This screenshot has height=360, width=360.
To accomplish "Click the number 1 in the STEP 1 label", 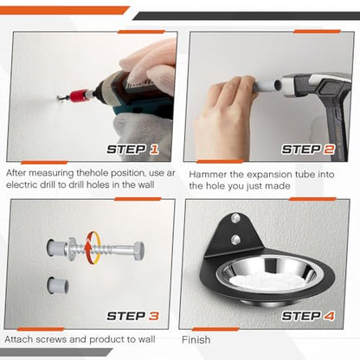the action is click(154, 150).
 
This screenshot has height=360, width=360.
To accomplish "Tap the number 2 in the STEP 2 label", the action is click(329, 150).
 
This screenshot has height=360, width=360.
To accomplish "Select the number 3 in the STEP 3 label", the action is click(154, 316).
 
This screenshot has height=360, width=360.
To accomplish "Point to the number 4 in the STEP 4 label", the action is click(329, 316).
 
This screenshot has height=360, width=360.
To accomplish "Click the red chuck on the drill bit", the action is click(79, 96).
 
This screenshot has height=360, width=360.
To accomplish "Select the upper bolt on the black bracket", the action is click(236, 218).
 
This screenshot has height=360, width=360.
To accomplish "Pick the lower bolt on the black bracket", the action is click(236, 239).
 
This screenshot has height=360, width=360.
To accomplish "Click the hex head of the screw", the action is click(138, 251).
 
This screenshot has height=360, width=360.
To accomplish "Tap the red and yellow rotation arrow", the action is click(93, 248).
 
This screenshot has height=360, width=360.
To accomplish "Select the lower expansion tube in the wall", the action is click(58, 285).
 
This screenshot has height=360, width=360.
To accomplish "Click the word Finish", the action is click(196, 340).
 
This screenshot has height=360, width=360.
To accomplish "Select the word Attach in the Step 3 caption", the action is click(18, 339).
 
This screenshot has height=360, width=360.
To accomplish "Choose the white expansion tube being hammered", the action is click(267, 86).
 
